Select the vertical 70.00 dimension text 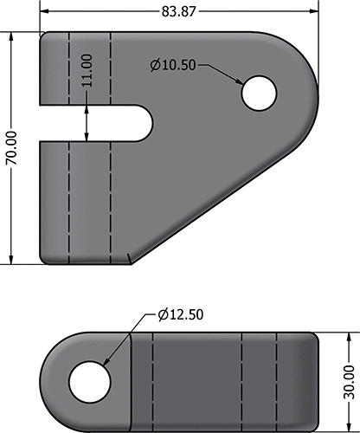tap(11, 148)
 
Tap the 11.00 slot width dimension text tap(87, 68)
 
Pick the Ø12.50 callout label tap(181, 314)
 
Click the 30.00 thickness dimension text tap(350, 381)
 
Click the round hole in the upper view tap(258, 94)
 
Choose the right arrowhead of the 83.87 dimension tap(312, 12)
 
